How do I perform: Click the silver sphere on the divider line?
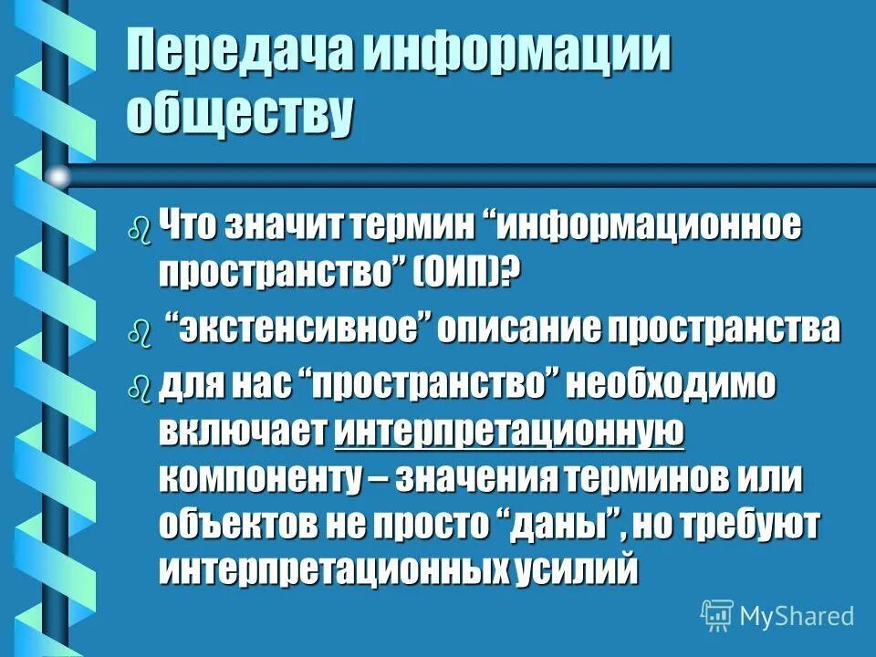58,175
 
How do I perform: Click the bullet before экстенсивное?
138,333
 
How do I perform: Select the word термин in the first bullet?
411,224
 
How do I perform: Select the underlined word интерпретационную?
509,430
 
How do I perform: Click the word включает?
243,430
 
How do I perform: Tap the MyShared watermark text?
798,616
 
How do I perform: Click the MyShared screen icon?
717,616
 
